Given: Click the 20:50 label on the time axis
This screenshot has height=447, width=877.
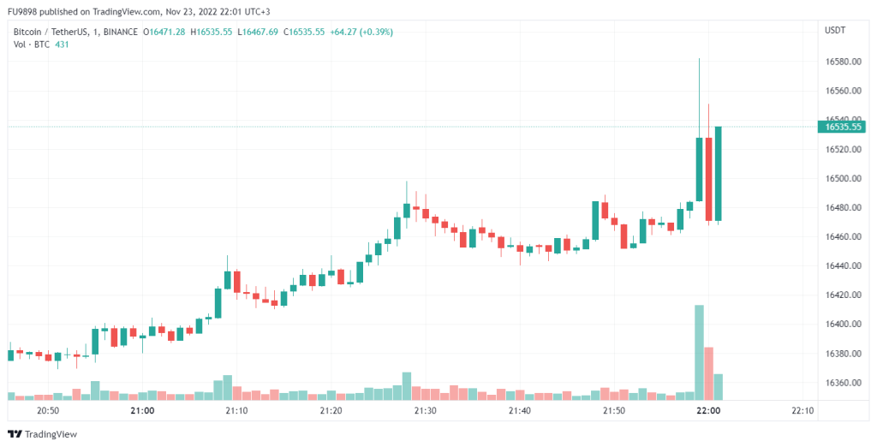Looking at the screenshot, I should (48, 411).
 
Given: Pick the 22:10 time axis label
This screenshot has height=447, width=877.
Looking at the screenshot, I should (802, 411).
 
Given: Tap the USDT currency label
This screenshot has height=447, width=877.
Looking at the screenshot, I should (835, 31).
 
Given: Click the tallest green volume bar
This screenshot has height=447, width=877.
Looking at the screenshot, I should (700, 352).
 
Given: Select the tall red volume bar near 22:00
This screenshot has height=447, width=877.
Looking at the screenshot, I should (709, 372).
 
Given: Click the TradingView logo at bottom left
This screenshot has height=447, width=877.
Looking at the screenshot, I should (43, 434).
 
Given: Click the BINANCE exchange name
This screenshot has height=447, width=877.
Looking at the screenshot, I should (119, 32).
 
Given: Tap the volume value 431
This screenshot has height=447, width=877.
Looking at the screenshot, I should (62, 44).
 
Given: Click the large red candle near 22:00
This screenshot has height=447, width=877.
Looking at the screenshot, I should (709, 179).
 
